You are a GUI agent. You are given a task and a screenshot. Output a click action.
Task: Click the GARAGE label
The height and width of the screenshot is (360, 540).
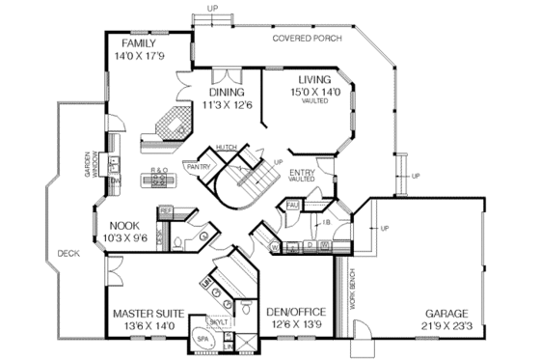pos(444,314)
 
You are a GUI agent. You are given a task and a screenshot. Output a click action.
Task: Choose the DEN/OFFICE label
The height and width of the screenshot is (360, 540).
pos(295,313)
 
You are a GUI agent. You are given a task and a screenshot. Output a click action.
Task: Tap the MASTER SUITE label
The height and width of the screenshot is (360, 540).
pos(150,314)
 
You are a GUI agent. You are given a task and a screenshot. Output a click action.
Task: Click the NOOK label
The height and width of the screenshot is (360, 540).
pos(122,225)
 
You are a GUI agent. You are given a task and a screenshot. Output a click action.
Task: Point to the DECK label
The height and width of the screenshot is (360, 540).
pos(67,254)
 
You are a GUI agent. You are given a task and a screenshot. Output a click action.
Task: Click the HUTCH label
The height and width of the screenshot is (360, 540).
pos(227,147)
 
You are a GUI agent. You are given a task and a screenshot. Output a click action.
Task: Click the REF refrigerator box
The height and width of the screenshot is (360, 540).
pos(165,209)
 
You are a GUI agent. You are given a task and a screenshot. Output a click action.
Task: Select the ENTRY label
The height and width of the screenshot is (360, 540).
pos(304,172)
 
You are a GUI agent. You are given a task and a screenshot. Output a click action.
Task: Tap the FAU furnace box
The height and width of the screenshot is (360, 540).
pos(291,206)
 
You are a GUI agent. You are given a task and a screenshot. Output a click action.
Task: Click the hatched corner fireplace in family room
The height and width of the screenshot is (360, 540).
pos(171,125)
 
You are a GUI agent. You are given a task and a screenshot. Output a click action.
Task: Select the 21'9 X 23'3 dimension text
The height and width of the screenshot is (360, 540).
pos(444,327)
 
